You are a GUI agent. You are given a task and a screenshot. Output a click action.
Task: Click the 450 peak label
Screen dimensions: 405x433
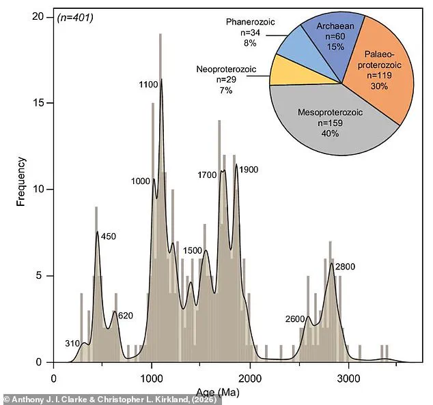click(110, 237)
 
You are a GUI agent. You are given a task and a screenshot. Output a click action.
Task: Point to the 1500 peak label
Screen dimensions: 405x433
click(193, 251)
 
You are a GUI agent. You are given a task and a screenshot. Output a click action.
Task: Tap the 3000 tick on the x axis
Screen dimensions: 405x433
click(348, 377)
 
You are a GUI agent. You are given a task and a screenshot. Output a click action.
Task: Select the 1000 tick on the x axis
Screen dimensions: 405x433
click(152, 377)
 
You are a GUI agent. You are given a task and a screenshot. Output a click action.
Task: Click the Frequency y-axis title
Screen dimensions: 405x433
click(21, 181)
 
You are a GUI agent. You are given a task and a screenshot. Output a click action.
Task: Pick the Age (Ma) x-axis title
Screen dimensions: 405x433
click(218, 393)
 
